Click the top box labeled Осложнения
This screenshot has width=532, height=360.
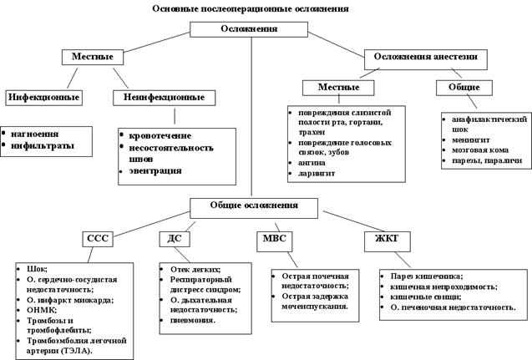pyautogui.click(x=249, y=29)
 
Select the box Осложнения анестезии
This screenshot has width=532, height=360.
pyautogui.click(x=426, y=59)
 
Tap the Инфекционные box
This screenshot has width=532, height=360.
pyautogui.click(x=43, y=98)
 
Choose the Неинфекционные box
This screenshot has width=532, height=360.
pyautogui.click(x=164, y=98)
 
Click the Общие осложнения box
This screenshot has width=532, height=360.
pyautogui.click(x=254, y=208)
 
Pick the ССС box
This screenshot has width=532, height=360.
pyautogui.click(x=98, y=239)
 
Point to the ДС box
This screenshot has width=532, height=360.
pyautogui.click(x=175, y=239)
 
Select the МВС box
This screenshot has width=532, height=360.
pyautogui.click(x=275, y=241)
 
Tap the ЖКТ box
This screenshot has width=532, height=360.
pyautogui.click(x=388, y=241)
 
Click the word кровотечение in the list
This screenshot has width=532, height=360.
pyautogui.click(x=160, y=135)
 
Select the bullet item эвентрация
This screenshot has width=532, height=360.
pyautogui.click(x=155, y=170)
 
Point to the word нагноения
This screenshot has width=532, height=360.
pyautogui.click(x=34, y=134)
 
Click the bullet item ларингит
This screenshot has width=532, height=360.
pyautogui.click(x=317, y=174)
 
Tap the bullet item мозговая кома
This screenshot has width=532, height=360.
pyautogui.click(x=480, y=150)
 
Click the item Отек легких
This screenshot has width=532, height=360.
pyautogui.click(x=195, y=270)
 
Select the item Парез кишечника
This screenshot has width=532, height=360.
pyautogui.click(x=427, y=276)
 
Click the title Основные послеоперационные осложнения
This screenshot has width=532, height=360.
pyautogui.click(x=251, y=9)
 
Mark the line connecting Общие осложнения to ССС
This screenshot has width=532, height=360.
pyautogui.click(x=151, y=224)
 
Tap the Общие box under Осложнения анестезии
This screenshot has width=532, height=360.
pyautogui.click(x=464, y=88)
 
